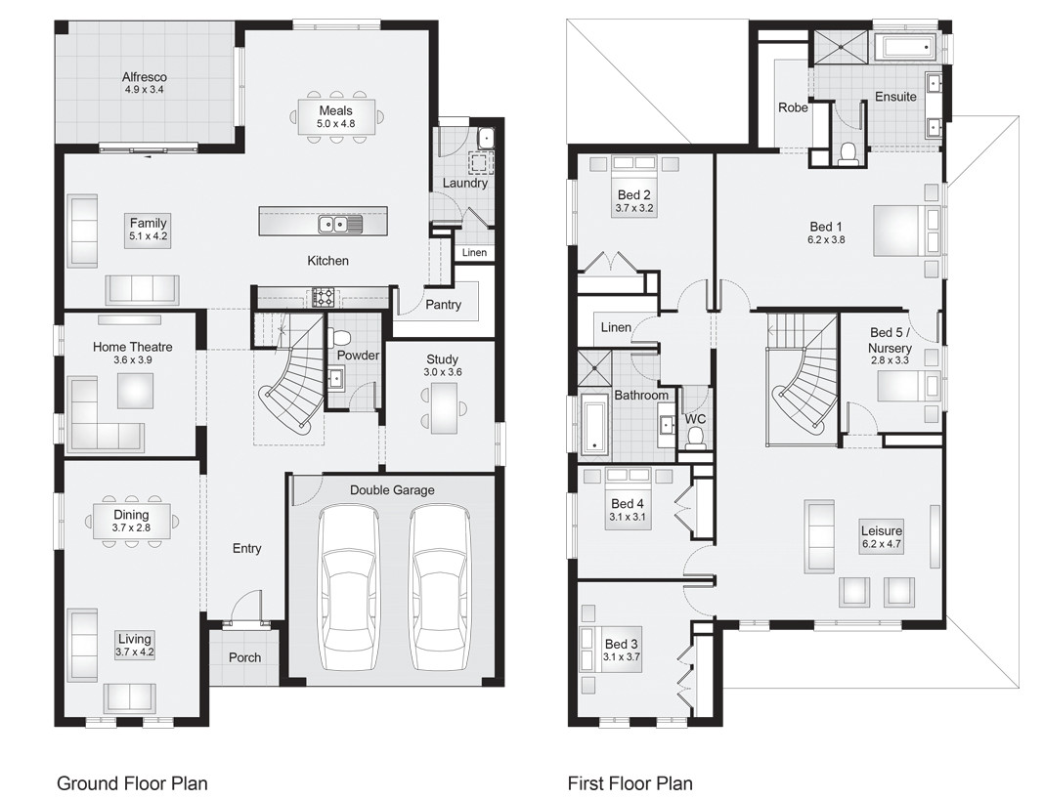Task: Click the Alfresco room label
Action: (145, 77)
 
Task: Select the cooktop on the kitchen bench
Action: (323, 297)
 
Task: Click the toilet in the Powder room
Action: (341, 338)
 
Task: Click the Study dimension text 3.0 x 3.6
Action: (442, 372)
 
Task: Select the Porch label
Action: (244, 657)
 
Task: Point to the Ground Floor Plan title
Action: (132, 783)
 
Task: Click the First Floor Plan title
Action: (630, 783)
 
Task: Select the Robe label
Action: (793, 107)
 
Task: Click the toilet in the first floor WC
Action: (696, 438)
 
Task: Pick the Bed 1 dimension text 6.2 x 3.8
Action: (826, 239)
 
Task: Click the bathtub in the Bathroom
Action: (594, 425)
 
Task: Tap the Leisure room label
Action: (881, 531)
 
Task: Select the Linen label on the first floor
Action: (616, 327)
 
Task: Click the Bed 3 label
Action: (622, 644)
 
